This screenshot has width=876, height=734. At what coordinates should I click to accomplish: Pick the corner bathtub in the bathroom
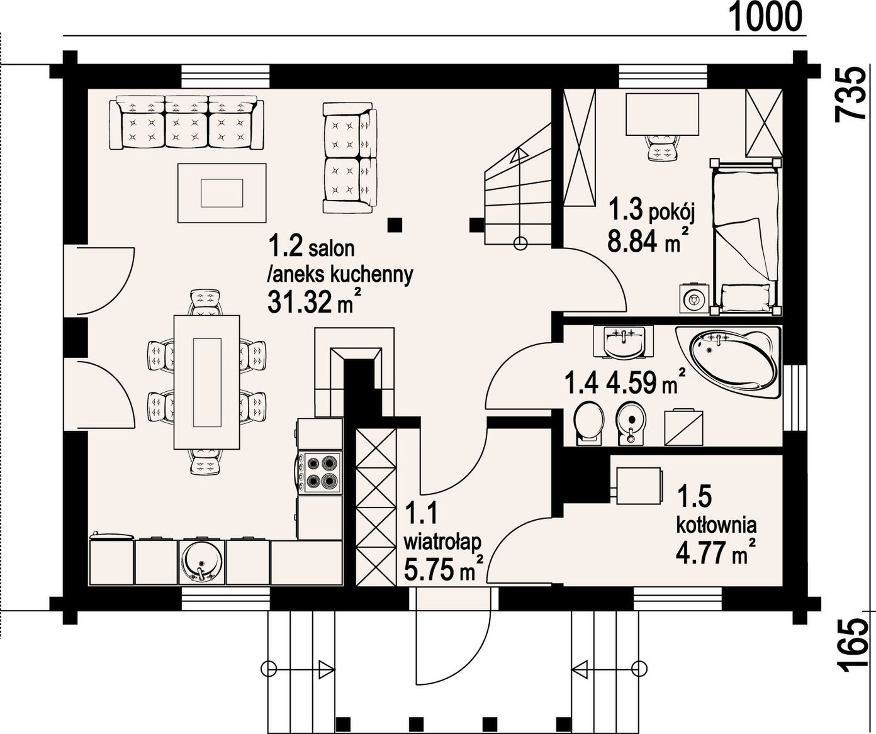pyautogui.click(x=729, y=361)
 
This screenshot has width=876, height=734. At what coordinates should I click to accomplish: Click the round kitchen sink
pyautogui.click(x=201, y=562)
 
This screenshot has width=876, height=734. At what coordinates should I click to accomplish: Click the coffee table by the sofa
pyautogui.click(x=222, y=192)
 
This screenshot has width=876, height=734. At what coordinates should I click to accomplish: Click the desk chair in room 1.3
pyautogui.click(x=662, y=147)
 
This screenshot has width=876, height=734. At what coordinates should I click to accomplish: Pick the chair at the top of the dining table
pyautogui.click(x=206, y=301)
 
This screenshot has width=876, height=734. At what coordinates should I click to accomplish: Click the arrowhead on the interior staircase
pyautogui.click(x=519, y=157)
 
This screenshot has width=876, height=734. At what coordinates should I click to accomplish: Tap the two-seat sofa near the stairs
pyautogui.click(x=350, y=158)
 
